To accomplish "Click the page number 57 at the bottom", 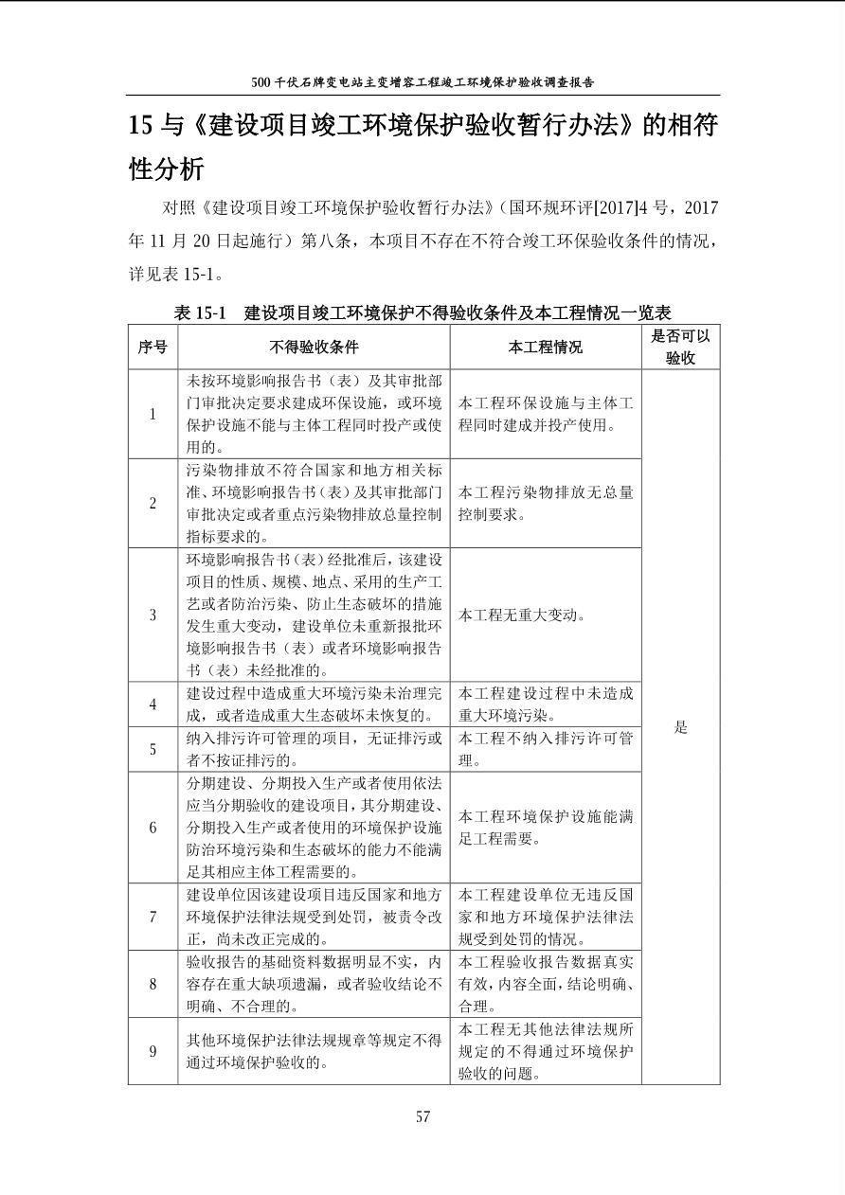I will [x=422, y=1116].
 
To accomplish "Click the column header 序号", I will [x=153, y=348].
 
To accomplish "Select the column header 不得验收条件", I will [x=314, y=348].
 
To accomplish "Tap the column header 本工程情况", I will [x=545, y=348].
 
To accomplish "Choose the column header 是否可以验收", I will [x=680, y=347].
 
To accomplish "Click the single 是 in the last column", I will [x=680, y=727].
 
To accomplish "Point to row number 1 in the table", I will [x=153, y=414].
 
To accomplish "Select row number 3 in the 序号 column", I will [x=153, y=615].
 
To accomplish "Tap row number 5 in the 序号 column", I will [x=153, y=749].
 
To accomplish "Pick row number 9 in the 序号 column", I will [x=153, y=1051].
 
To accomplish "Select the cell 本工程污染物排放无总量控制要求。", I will [x=546, y=504].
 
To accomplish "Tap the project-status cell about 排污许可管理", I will [x=546, y=749].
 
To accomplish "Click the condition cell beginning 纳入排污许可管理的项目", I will [x=314, y=749].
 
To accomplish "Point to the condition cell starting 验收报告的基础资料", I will [x=314, y=984].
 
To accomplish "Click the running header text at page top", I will [x=423, y=82].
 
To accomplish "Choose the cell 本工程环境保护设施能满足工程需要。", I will [x=546, y=828].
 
